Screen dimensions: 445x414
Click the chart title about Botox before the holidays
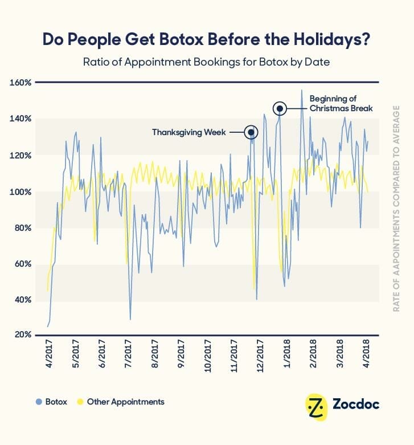click(x=207, y=39)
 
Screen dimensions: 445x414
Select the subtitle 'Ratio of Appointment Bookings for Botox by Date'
click(x=207, y=62)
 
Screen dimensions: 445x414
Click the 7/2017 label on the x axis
click(x=128, y=354)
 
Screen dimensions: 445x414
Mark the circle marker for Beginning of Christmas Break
click(x=279, y=108)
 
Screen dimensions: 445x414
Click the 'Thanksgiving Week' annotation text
click(x=188, y=132)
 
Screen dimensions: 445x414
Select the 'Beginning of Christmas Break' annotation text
click(x=341, y=103)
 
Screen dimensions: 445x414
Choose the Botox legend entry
click(x=51, y=402)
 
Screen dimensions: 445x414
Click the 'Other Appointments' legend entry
click(x=121, y=402)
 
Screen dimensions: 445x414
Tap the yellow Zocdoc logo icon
click(x=315, y=406)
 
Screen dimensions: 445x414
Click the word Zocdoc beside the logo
click(x=356, y=405)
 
